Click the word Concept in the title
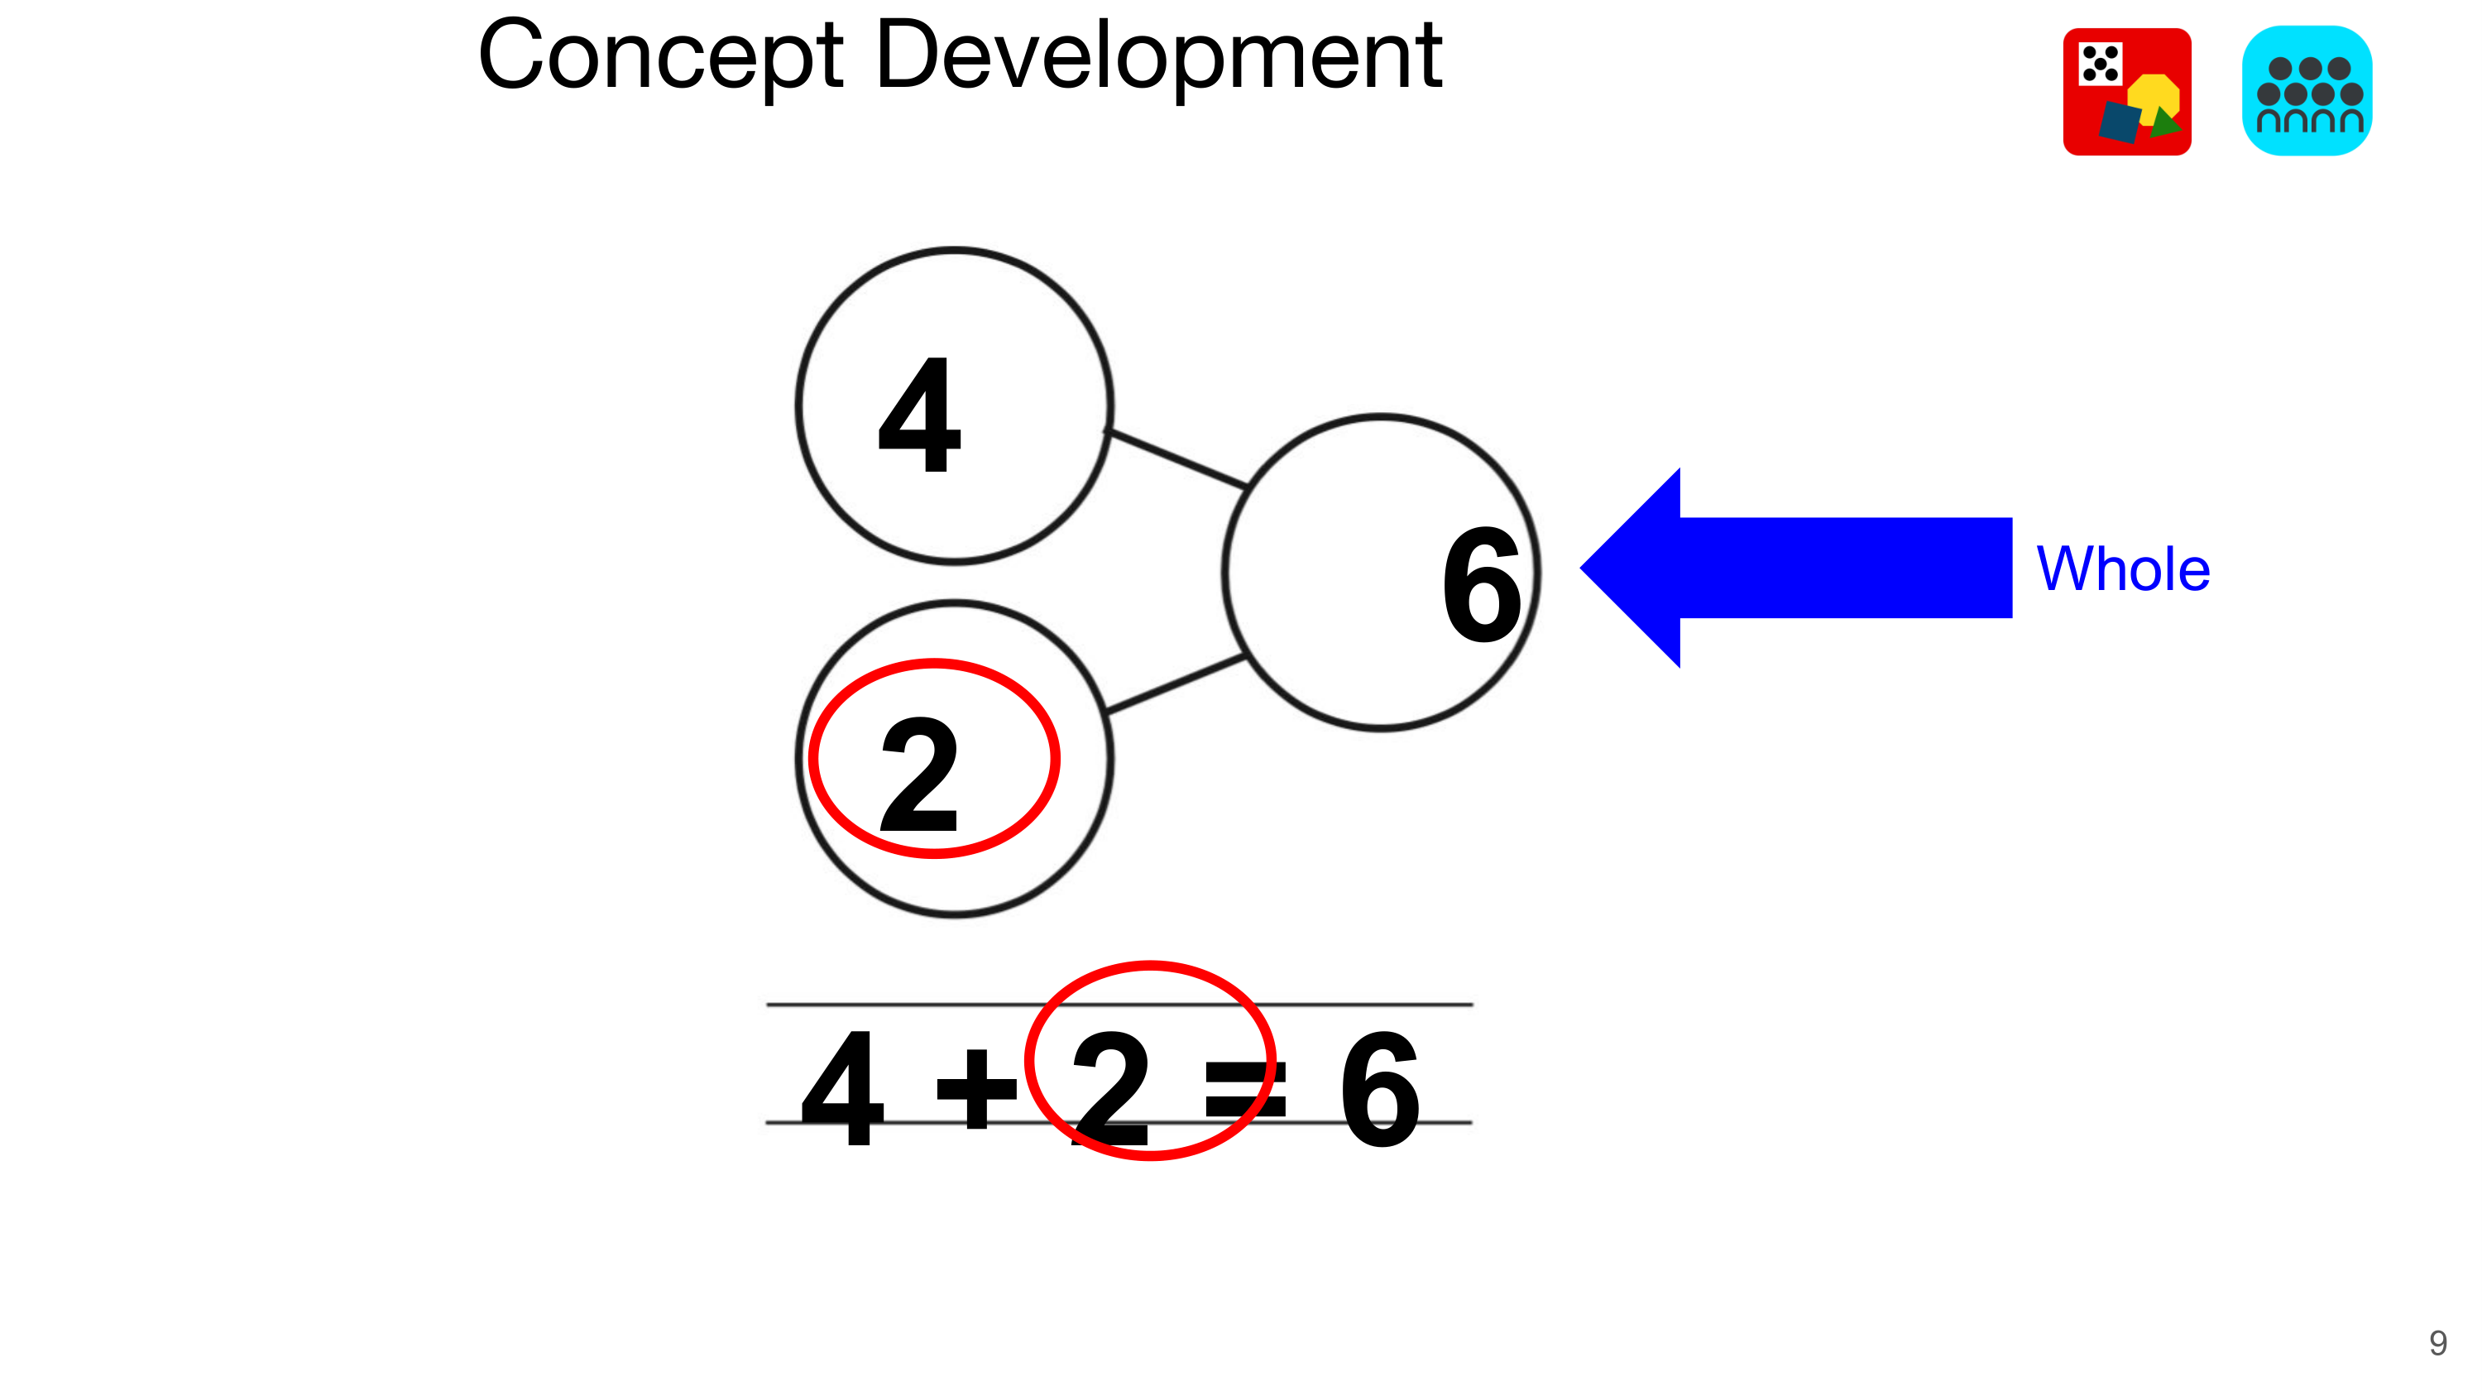pyautogui.click(x=660, y=58)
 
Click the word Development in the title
pyautogui.click(x=1158, y=58)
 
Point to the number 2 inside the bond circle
pyautogui.click(x=920, y=775)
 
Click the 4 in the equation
pyautogui.click(x=842, y=1089)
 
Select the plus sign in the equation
pyautogui.click(x=976, y=1089)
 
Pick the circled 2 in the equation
pyautogui.click(x=1110, y=1089)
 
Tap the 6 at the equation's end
pyautogui.click(x=1380, y=1089)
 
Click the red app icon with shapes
pyautogui.click(x=2126, y=92)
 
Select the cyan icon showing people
pyautogui.click(x=2307, y=92)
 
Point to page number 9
pyautogui.click(x=2437, y=1343)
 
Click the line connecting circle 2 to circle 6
pyautogui.click(x=1176, y=684)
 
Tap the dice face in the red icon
pyautogui.click(x=2100, y=65)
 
